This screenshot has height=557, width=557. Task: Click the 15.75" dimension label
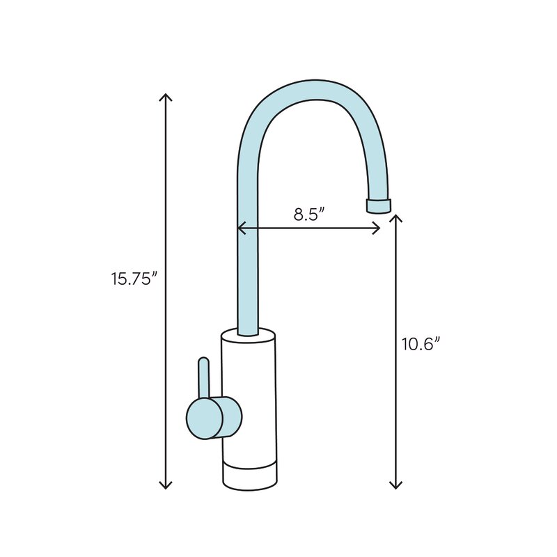pos(134,278)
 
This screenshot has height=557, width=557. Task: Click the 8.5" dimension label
pos(309,214)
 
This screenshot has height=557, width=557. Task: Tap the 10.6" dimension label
pos(423,343)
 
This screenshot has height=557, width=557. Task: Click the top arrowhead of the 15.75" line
pos(166,95)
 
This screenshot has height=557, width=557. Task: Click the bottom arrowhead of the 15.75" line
pos(166,485)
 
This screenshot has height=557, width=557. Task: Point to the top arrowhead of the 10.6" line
pos(395,218)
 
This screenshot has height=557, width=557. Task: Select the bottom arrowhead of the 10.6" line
pos(395,485)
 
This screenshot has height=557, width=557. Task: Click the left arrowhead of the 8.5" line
pos(240,228)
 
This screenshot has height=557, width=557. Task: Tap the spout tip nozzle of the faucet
pos(378,205)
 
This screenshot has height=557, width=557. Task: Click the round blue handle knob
pos(204,418)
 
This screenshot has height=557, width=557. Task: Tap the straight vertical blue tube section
pos(248,278)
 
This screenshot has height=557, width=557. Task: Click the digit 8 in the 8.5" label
pos(298,214)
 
